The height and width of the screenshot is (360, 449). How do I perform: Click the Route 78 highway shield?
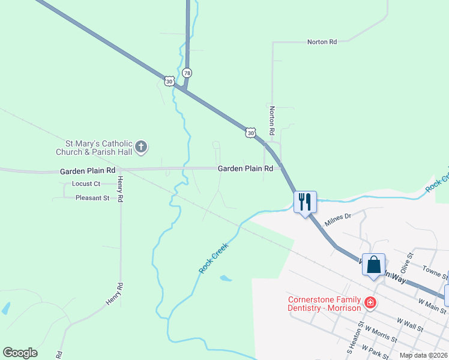click(x=188, y=73)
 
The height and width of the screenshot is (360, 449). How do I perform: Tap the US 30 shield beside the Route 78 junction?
click(x=169, y=80)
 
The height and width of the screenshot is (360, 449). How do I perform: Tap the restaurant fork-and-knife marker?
click(x=305, y=202)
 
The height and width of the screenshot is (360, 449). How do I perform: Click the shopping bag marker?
click(x=373, y=264)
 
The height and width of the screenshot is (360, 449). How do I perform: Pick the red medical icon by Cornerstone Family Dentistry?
click(x=370, y=302)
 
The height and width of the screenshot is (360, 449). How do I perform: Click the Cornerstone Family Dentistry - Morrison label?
click(x=325, y=304)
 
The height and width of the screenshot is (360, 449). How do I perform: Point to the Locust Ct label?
click(x=86, y=184)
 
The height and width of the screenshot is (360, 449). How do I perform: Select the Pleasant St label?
click(x=92, y=197)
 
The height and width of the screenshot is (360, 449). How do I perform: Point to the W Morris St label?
click(x=378, y=334)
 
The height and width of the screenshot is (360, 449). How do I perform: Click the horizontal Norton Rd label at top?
click(x=322, y=42)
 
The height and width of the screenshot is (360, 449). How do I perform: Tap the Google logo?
click(x=20, y=353)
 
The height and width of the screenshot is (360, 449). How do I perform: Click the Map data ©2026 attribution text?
click(x=423, y=356)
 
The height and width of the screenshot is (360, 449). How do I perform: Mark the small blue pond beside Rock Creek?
click(x=226, y=278)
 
